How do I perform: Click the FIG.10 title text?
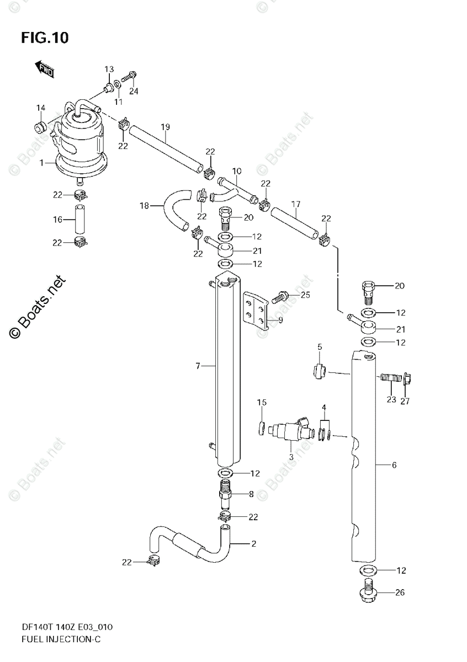[45, 38]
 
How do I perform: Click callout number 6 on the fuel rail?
[394, 466]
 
